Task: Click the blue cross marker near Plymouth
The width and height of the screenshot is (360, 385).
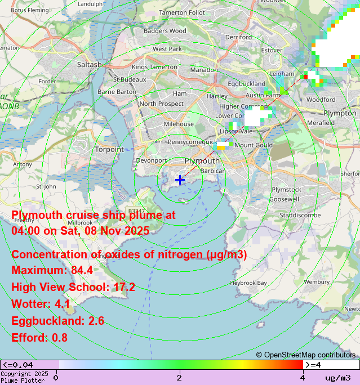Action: tap(180, 180)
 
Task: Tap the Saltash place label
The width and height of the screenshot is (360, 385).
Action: tap(89, 65)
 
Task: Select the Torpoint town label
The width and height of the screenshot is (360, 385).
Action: tap(109, 149)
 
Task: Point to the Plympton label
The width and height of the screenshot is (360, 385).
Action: tap(340, 113)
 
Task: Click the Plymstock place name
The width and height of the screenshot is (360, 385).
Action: tap(286, 190)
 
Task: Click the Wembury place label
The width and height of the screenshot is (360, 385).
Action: tap(316, 281)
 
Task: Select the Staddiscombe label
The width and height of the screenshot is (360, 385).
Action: tap(300, 215)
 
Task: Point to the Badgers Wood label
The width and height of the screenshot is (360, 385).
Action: tap(165, 31)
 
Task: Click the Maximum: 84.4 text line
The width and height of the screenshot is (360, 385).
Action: tap(52, 271)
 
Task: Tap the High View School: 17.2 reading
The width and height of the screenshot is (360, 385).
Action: tap(73, 288)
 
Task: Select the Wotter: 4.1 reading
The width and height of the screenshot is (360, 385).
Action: tap(41, 305)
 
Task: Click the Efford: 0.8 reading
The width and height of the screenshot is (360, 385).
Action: tap(39, 338)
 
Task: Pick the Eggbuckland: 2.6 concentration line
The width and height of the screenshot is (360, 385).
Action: tap(57, 321)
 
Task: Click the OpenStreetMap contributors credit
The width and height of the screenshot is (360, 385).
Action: tap(306, 355)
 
